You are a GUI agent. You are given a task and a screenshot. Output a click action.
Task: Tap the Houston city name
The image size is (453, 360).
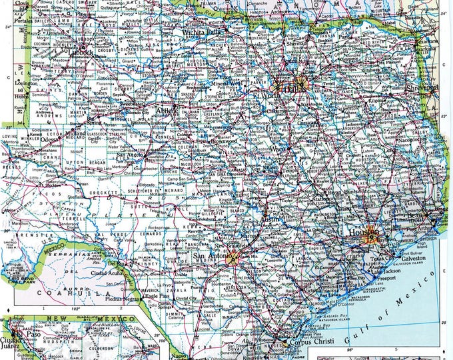(360, 232)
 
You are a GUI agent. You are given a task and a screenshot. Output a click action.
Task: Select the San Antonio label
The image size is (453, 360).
(209, 256)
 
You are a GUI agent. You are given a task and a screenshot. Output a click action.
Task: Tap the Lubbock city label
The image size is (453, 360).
(83, 51)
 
